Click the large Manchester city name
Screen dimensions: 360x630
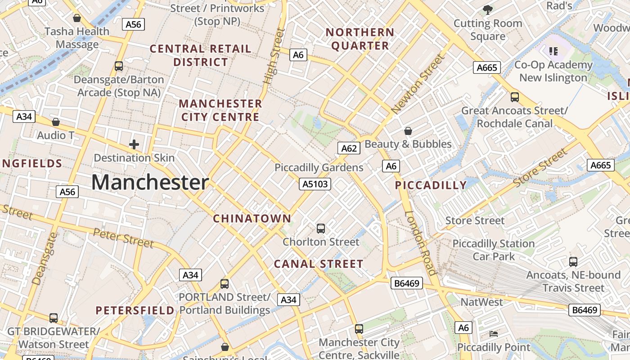click(x=150, y=183)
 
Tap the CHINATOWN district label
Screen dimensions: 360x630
click(x=252, y=219)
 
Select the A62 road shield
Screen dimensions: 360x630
click(x=349, y=148)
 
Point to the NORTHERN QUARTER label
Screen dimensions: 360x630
click(x=360, y=39)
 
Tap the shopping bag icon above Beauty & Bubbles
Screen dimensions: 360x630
click(x=408, y=131)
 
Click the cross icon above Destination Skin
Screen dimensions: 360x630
click(x=134, y=144)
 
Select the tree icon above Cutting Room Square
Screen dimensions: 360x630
click(x=487, y=9)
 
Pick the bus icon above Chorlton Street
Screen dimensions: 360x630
click(x=321, y=229)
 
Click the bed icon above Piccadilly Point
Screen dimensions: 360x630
click(x=494, y=334)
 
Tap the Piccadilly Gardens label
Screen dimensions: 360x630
click(x=319, y=168)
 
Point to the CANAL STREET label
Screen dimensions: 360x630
click(x=319, y=264)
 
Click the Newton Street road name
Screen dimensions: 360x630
click(x=418, y=84)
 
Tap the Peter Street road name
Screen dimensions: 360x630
click(x=123, y=238)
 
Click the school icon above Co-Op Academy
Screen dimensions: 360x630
click(x=553, y=51)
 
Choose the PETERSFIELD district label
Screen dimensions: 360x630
click(x=135, y=310)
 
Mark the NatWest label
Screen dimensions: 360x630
click(x=481, y=302)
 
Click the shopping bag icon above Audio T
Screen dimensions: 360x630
click(x=56, y=122)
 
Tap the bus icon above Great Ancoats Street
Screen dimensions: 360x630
click(x=515, y=97)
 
